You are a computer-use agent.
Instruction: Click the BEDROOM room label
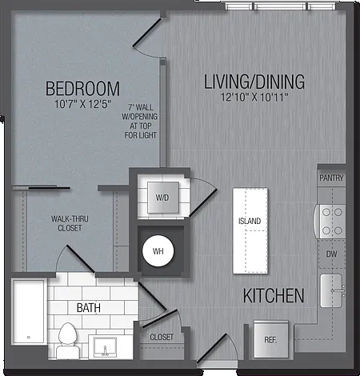pyautogui.click(x=82, y=89)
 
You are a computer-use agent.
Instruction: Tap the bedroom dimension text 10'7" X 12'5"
pyautogui.click(x=82, y=104)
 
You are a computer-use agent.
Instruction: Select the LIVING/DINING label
pyautogui.click(x=254, y=82)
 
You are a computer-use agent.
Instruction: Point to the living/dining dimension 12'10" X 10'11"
pyautogui.click(x=254, y=97)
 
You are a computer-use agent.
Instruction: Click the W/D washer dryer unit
pyautogui.click(x=163, y=198)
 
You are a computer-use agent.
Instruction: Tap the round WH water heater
pyautogui.click(x=158, y=251)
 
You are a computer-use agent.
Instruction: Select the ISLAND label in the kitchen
pyautogui.click(x=250, y=221)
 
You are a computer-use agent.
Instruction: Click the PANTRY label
pyautogui.click(x=331, y=178)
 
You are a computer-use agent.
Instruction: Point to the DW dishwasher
pyautogui.click(x=331, y=254)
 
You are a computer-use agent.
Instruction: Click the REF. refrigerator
pyautogui.click(x=271, y=339)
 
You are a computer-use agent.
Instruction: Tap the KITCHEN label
pyautogui.click(x=274, y=295)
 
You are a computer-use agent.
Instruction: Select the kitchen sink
pyautogui.click(x=332, y=290)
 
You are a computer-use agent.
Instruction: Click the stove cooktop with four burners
pyautogui.click(x=330, y=222)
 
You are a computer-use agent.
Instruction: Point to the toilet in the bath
pyautogui.click(x=68, y=341)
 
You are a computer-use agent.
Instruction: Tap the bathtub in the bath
pyautogui.click(x=29, y=312)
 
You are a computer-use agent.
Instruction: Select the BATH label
pyautogui.click(x=89, y=308)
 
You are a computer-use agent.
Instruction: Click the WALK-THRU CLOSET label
pyautogui.click(x=70, y=223)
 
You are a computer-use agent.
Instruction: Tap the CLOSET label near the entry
pyautogui.click(x=162, y=337)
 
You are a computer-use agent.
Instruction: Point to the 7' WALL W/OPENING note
pyautogui.click(x=140, y=122)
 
